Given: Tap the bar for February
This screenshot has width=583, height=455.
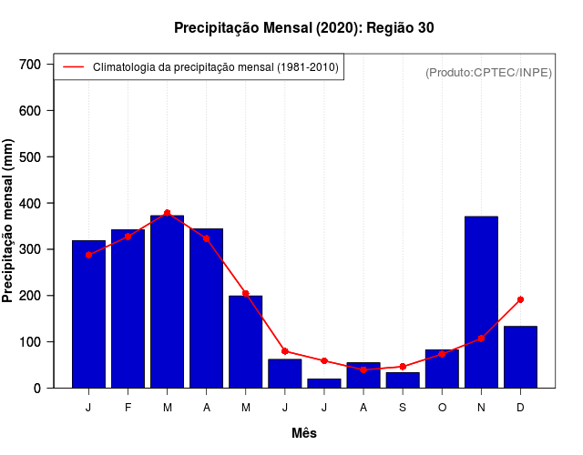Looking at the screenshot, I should coord(128,308).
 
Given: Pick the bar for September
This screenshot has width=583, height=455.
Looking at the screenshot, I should coord(403,379).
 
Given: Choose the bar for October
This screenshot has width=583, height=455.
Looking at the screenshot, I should coord(442,369).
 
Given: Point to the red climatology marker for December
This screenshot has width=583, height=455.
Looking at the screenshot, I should coord(520,299).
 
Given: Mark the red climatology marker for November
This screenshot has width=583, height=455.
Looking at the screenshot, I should coord(481,339).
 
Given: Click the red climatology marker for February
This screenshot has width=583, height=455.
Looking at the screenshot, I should coord(128,237).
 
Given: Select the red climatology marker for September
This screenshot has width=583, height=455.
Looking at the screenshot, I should coord(403,367).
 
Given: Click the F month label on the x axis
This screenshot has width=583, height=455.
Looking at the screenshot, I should coord(128,408).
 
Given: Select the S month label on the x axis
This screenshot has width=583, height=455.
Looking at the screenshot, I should coord(403,408).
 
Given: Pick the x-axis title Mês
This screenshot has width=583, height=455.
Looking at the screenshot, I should coord(304,433).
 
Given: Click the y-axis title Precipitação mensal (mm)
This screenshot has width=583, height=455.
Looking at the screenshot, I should coord(9,221).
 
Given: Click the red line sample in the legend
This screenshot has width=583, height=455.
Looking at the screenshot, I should coord(73,66).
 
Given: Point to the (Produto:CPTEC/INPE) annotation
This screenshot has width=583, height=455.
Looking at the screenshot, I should coord(488,72).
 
